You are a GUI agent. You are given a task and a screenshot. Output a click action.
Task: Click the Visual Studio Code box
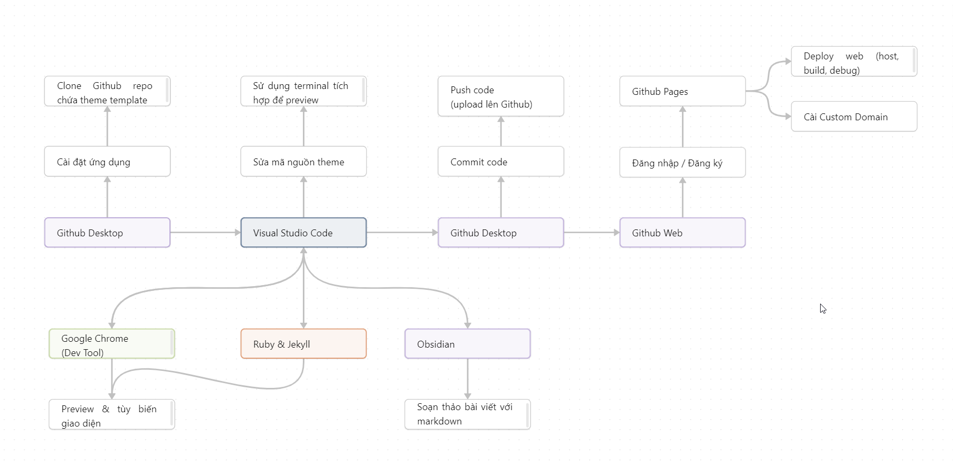click(x=303, y=233)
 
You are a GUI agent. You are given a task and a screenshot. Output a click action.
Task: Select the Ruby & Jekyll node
click(x=303, y=344)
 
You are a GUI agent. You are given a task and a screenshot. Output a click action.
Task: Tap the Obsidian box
click(x=467, y=344)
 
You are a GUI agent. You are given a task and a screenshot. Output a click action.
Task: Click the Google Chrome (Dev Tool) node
click(x=112, y=344)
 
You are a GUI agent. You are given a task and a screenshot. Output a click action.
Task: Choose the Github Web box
click(x=682, y=233)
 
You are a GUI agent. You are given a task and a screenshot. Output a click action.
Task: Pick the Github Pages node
click(x=682, y=91)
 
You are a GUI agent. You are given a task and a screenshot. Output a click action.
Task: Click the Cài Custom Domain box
click(x=854, y=117)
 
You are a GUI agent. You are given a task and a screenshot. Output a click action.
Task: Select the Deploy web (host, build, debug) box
click(x=854, y=62)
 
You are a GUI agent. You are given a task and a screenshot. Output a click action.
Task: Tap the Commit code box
click(x=501, y=162)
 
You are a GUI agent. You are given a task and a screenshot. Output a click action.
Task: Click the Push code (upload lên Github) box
click(x=501, y=96)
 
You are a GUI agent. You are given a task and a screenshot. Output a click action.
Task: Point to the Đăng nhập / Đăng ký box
click(x=682, y=163)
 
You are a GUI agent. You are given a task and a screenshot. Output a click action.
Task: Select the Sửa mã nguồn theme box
click(x=303, y=162)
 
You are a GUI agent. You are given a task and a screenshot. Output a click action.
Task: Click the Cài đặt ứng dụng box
click(x=107, y=162)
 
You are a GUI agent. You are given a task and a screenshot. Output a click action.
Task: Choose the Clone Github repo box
click(x=107, y=92)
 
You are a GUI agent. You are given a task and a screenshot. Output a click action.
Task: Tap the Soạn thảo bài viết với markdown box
click(x=467, y=414)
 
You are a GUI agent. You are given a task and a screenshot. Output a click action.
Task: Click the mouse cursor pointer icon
click(x=823, y=308)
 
